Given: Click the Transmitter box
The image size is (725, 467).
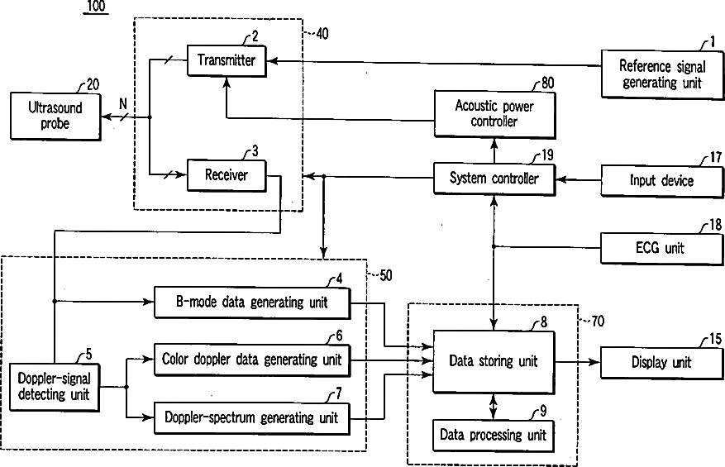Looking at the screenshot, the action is tap(227, 60).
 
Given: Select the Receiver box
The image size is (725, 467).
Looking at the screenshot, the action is tap(227, 175).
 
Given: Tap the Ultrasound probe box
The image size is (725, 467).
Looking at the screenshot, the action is tap(55, 117).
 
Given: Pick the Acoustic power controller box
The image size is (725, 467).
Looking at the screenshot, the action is tap(494, 115).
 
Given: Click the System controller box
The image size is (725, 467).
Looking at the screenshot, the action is tap(494, 179).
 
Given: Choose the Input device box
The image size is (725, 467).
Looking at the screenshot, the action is tap(662, 181).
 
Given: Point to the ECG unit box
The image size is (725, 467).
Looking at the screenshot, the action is tap(661, 248).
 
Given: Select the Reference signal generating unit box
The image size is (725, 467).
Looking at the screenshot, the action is tap(662, 74).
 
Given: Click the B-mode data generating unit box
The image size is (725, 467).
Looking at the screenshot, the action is tap(252, 303).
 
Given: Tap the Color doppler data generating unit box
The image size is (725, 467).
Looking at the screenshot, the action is tap(252, 360).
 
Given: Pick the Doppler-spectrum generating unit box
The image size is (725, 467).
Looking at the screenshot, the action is tap(251, 418).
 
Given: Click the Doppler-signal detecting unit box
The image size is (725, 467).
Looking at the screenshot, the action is tap(55, 387).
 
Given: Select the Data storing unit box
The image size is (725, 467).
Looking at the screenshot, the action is tap(494, 361).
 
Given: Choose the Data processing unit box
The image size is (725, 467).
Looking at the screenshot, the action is tap(494, 436).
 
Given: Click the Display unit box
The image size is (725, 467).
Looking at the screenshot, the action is tap(661, 363).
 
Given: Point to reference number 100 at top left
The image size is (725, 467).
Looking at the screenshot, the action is tap(96, 6).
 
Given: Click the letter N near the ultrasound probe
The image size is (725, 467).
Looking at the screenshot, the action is tap(123, 104).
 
